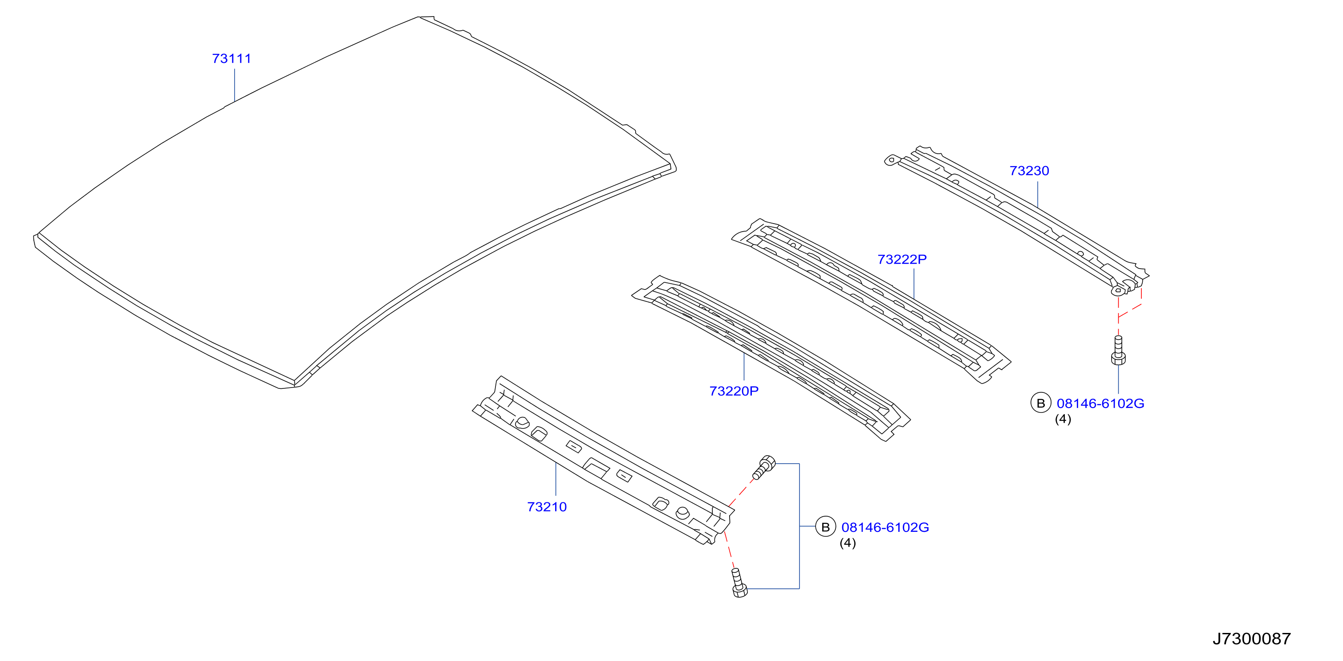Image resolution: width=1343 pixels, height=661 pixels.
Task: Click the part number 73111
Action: click(x=231, y=58)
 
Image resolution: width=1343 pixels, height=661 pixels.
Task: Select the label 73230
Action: click(x=1029, y=171)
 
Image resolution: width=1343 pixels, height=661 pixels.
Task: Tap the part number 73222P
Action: click(x=902, y=259)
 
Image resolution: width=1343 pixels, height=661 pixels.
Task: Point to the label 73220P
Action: click(x=734, y=391)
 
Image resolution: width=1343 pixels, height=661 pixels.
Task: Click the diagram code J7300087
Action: click(x=1251, y=639)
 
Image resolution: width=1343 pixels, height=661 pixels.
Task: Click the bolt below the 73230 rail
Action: click(x=1118, y=350)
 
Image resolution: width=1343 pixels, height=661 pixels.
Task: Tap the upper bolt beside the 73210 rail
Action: click(x=764, y=467)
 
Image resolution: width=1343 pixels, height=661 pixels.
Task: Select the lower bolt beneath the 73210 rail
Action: click(x=738, y=583)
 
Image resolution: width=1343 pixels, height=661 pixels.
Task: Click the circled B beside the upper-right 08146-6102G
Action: click(x=1041, y=403)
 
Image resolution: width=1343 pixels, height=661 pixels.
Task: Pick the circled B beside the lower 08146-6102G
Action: click(x=825, y=527)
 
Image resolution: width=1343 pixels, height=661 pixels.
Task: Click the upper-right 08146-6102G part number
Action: click(x=1100, y=403)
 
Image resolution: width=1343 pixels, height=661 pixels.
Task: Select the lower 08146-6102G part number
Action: click(x=885, y=527)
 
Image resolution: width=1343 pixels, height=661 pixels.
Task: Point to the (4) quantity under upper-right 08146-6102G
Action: click(x=1063, y=419)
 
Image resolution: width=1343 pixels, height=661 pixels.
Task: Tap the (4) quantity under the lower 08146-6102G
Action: click(x=847, y=543)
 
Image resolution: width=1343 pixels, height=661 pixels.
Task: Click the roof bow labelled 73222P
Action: click(x=871, y=301)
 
